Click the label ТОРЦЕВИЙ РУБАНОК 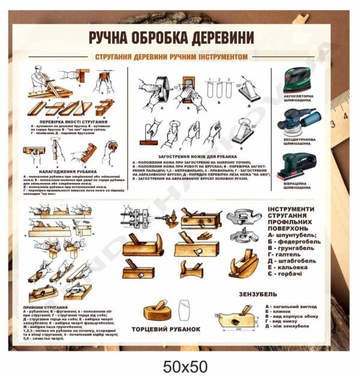pos(174,330)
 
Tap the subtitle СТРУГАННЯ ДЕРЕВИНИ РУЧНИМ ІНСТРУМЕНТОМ pos(181,55)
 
